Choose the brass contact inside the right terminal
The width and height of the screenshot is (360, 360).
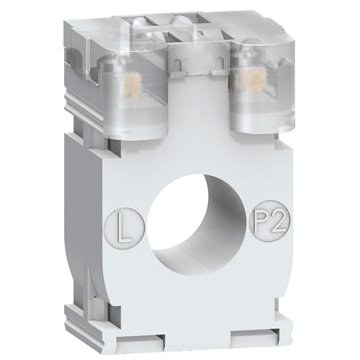point(251,83)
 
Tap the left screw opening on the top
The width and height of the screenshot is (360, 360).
point(143,27)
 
